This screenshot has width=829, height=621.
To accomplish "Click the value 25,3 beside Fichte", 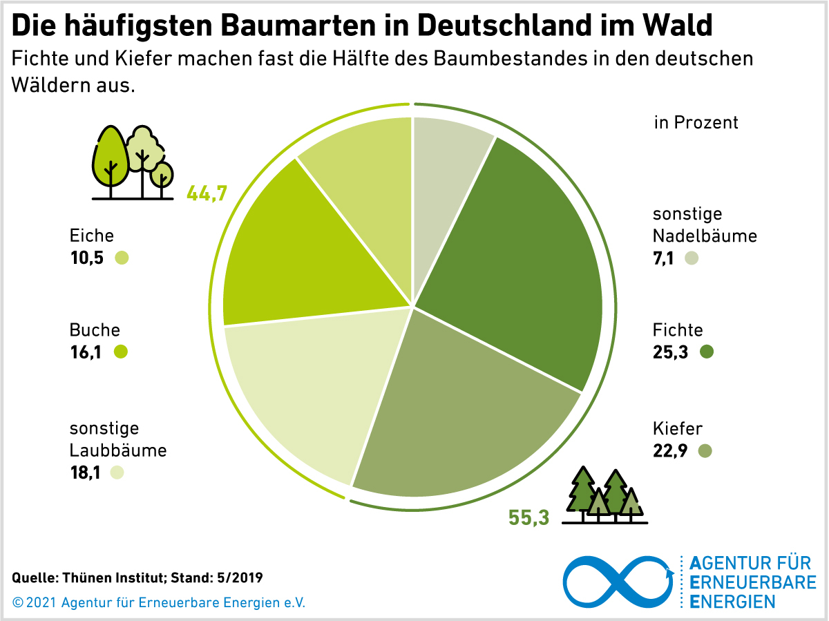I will (x=671, y=352).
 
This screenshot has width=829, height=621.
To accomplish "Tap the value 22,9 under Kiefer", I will (x=671, y=451).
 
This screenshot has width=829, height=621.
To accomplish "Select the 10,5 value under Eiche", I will (x=87, y=258).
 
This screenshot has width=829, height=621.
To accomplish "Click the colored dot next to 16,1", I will (x=121, y=352).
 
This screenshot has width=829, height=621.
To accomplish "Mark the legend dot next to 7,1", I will (x=692, y=258).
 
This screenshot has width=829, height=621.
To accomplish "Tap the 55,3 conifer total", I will (x=529, y=517).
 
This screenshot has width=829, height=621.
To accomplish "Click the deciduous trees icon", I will (x=133, y=163).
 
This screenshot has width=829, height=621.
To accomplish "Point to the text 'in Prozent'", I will (x=696, y=122).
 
